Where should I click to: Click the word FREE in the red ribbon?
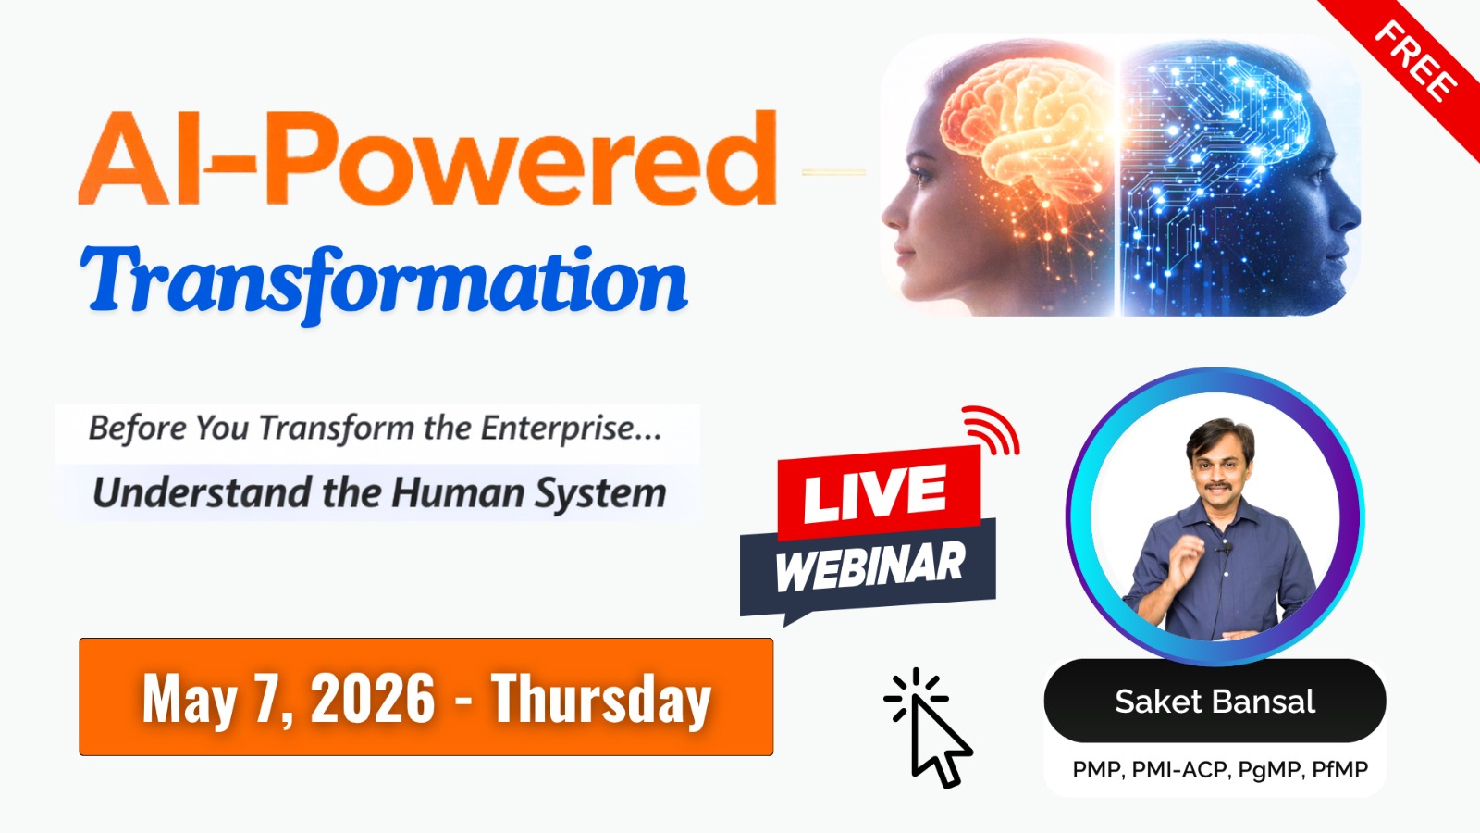(x=1414, y=62)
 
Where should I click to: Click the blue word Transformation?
(x=384, y=281)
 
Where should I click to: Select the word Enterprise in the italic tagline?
(x=557, y=429)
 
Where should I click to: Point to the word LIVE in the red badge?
(x=874, y=493)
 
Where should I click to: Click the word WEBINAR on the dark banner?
(x=869, y=566)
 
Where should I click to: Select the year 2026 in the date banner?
(x=372, y=699)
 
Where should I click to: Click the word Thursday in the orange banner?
(x=601, y=699)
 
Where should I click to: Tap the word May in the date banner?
(x=190, y=699)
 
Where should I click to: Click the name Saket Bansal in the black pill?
(x=1215, y=702)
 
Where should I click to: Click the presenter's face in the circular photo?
(x=1220, y=463)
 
